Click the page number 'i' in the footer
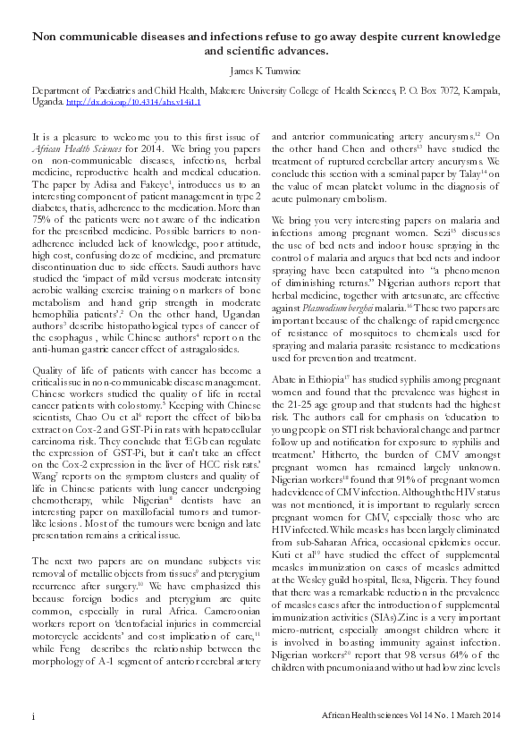pyautogui.click(x=32, y=717)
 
